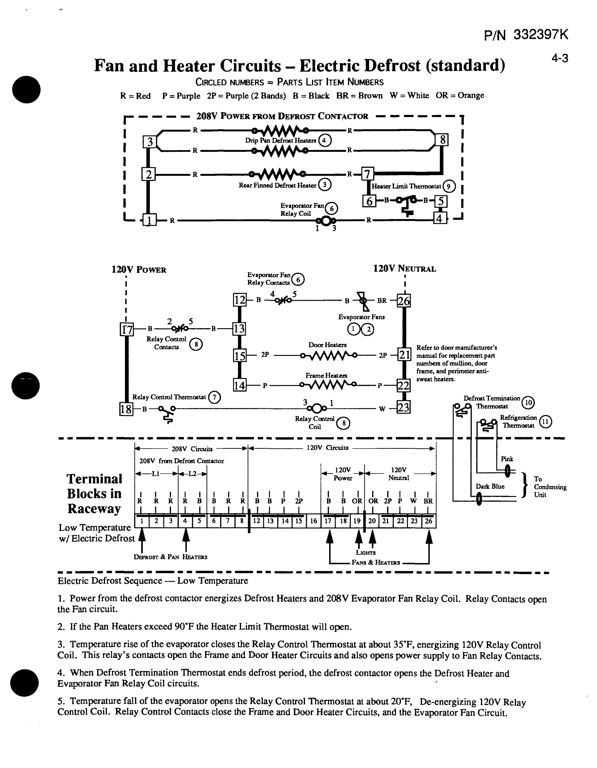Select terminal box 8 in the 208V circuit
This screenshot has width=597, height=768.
(442, 140)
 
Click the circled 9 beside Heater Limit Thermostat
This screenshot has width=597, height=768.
(449, 186)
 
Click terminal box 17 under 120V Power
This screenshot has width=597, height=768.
(127, 329)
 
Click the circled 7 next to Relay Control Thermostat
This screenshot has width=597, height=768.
(214, 397)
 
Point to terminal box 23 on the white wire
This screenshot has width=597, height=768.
(403, 408)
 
